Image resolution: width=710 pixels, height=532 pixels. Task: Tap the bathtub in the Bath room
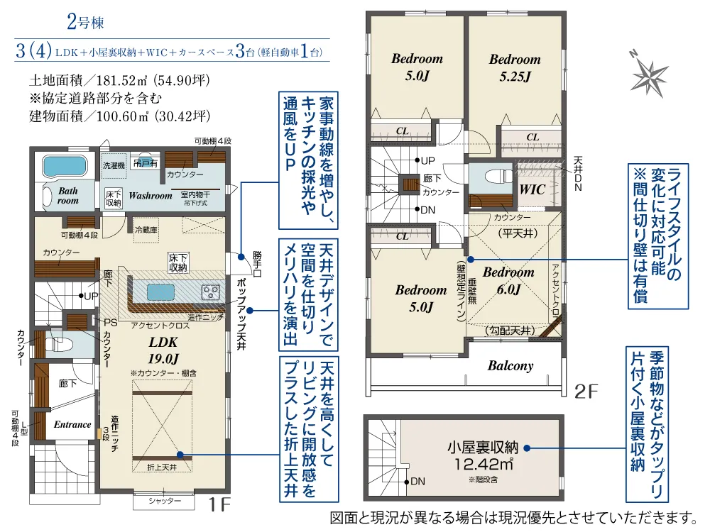coord(65,167)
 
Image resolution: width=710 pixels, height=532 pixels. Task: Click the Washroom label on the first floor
coord(151,195)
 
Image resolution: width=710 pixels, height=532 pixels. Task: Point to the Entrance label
coord(72,424)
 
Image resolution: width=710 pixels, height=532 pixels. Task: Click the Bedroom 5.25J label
coord(515,68)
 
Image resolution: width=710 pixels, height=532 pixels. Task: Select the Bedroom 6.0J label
coord(508,280)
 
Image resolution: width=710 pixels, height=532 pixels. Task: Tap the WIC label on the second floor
coord(532,189)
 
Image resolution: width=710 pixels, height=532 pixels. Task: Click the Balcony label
coord(510,366)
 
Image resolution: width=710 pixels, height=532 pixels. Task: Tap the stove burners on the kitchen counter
coord(212,291)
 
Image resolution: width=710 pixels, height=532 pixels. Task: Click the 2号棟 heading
coord(85,22)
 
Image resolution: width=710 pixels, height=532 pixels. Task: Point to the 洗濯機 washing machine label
coord(113,165)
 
